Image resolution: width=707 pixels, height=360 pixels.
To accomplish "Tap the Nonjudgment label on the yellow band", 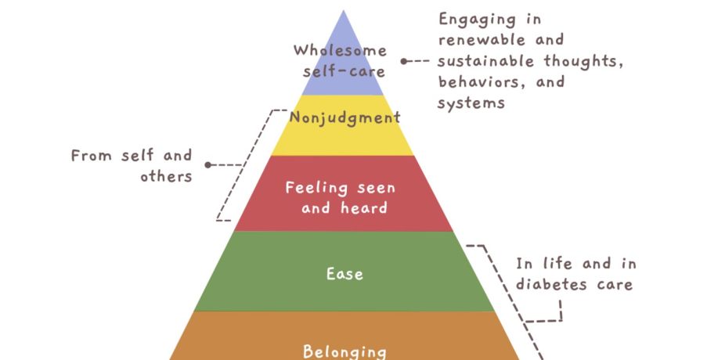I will click(344, 117).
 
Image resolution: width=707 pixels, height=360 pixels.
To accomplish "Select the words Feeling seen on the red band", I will click(341, 188).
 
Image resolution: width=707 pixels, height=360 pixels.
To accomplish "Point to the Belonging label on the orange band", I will click(344, 350).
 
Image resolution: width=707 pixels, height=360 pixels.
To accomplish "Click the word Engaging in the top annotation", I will click(489, 19).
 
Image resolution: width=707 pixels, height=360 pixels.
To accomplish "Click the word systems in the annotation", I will click(471, 103).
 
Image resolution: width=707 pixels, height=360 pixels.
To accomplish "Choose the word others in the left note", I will click(166, 176).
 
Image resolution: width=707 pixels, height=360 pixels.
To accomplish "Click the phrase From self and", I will click(131, 156).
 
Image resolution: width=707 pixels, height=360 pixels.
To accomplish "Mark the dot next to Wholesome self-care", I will click(404, 61).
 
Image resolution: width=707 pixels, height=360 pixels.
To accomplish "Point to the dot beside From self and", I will click(207, 165).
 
